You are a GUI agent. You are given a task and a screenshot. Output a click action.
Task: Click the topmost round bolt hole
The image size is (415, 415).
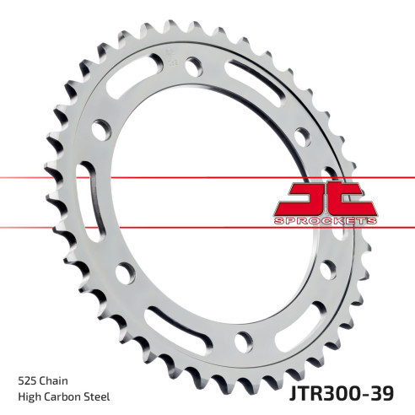tap(193, 64)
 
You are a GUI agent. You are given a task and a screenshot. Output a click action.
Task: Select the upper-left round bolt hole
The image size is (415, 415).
tap(102, 129)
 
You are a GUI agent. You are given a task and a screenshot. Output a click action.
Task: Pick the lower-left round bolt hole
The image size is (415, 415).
tap(126, 272)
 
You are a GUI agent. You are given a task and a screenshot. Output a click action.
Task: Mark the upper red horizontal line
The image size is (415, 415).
tap(135, 177)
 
